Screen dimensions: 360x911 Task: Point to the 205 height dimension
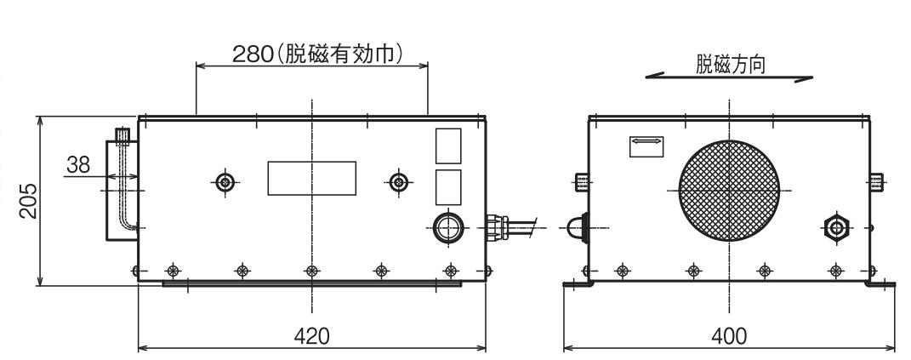click(x=29, y=199)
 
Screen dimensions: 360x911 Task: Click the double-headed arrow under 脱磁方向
click(x=729, y=78)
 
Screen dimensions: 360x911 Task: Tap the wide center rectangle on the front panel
click(x=312, y=179)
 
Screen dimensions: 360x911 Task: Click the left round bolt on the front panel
click(x=225, y=181)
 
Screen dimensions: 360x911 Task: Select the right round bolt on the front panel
click(x=398, y=181)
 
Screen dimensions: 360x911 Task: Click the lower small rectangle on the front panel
click(x=448, y=187)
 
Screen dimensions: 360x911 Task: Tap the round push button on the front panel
click(x=448, y=228)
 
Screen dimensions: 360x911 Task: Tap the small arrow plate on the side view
click(x=646, y=146)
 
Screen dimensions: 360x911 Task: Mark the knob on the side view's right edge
click(x=876, y=181)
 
